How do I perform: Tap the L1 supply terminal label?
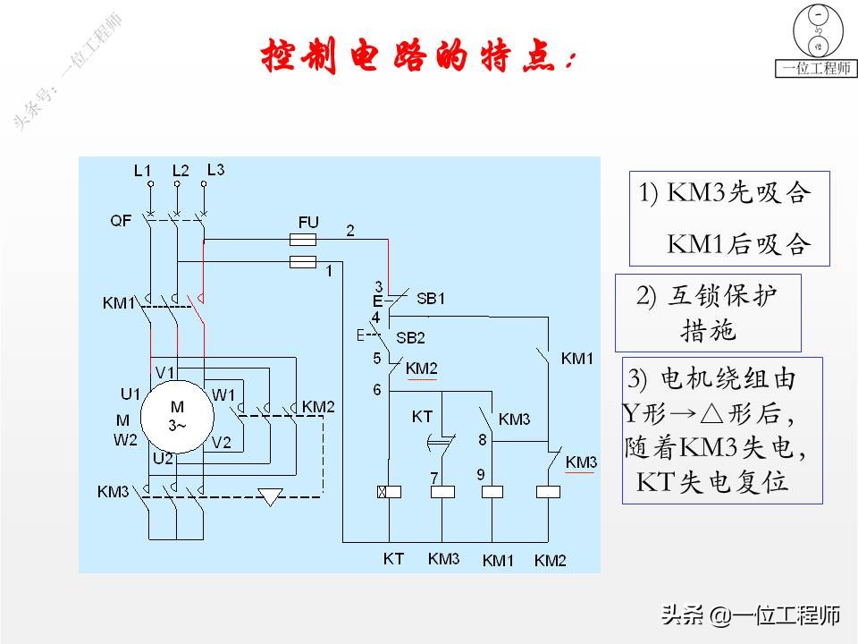point(142,170)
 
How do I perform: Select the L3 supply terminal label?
point(215,169)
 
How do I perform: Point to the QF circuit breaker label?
point(122,220)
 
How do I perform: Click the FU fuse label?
point(307,220)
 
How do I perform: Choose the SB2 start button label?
point(410,337)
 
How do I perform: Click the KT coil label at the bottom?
point(393,559)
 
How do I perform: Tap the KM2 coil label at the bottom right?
point(551,561)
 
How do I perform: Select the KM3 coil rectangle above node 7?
point(442,491)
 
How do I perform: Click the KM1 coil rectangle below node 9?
point(493,491)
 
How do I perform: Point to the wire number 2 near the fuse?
point(350,231)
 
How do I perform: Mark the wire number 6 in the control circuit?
point(377,389)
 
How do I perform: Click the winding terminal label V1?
point(165,372)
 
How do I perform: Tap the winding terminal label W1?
point(223,394)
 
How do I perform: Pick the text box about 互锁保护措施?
point(708,312)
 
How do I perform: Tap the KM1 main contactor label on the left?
point(118,304)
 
